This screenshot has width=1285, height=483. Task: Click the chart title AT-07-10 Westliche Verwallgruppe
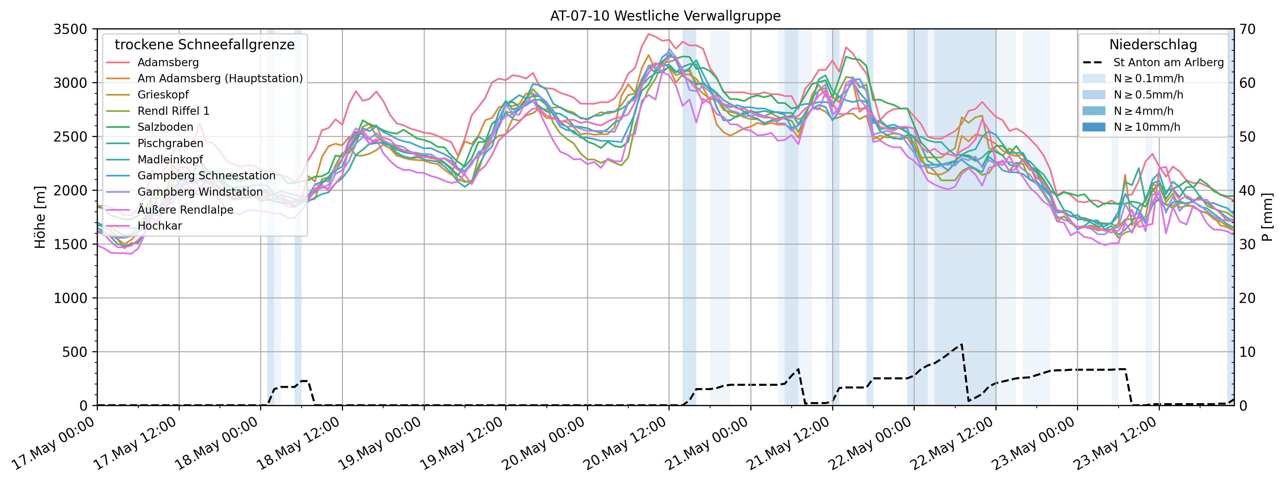tap(665, 16)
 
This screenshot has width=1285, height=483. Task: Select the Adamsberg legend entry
tap(168, 62)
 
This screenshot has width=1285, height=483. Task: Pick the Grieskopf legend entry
tap(163, 95)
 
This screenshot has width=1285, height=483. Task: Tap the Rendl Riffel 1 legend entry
tap(173, 111)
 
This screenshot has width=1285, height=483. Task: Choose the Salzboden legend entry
tap(165, 127)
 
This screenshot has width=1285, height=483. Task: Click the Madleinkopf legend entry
tap(170, 160)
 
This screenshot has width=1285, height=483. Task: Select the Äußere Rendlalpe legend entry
tap(185, 210)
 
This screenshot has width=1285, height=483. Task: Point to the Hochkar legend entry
tap(160, 226)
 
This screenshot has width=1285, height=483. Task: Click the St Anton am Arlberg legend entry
tap(1168, 62)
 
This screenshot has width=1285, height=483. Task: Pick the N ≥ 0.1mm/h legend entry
tap(1148, 78)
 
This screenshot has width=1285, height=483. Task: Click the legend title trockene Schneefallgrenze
tap(204, 45)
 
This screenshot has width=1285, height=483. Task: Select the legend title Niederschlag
tap(1153, 45)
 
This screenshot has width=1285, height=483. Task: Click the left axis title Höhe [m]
tap(40, 217)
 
